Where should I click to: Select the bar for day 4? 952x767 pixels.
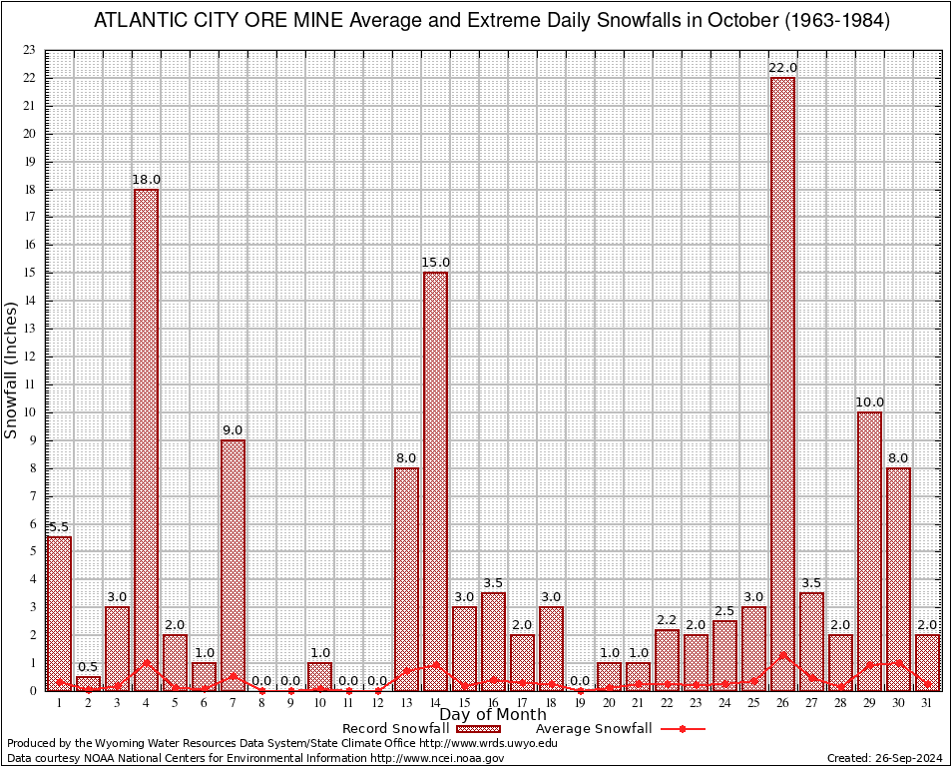point(146,439)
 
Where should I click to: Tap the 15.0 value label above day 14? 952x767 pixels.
point(435,263)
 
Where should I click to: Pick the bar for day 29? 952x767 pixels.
point(870,550)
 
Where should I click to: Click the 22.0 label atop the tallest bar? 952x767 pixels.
point(783,68)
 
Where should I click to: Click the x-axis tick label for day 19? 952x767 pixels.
point(580,703)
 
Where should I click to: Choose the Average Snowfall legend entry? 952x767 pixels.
point(593,728)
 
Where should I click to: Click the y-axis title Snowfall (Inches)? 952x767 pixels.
point(11,370)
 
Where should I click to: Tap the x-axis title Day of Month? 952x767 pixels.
point(492,714)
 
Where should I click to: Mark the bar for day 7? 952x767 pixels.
point(233,564)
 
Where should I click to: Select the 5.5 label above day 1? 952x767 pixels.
point(59,527)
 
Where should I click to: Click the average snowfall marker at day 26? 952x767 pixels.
point(783,654)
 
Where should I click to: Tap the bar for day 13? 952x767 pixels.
point(406,578)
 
